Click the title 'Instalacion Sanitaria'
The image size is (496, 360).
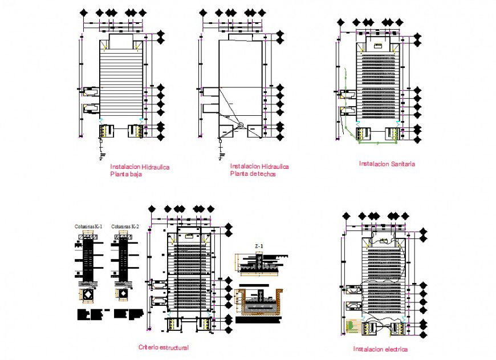pyautogui.click(x=387, y=164)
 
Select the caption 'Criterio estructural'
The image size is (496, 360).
pyautogui.click(x=164, y=347)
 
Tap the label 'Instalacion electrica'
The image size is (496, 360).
pyautogui.click(x=380, y=349)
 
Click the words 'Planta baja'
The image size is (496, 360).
pyautogui.click(x=125, y=175)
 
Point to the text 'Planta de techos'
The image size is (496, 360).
pyautogui.click(x=253, y=174)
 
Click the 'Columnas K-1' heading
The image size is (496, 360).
pyautogui.click(x=88, y=226)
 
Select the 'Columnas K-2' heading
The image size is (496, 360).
pyautogui.click(x=125, y=226)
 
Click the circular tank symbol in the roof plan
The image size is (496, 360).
pyautogui.click(x=241, y=126)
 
